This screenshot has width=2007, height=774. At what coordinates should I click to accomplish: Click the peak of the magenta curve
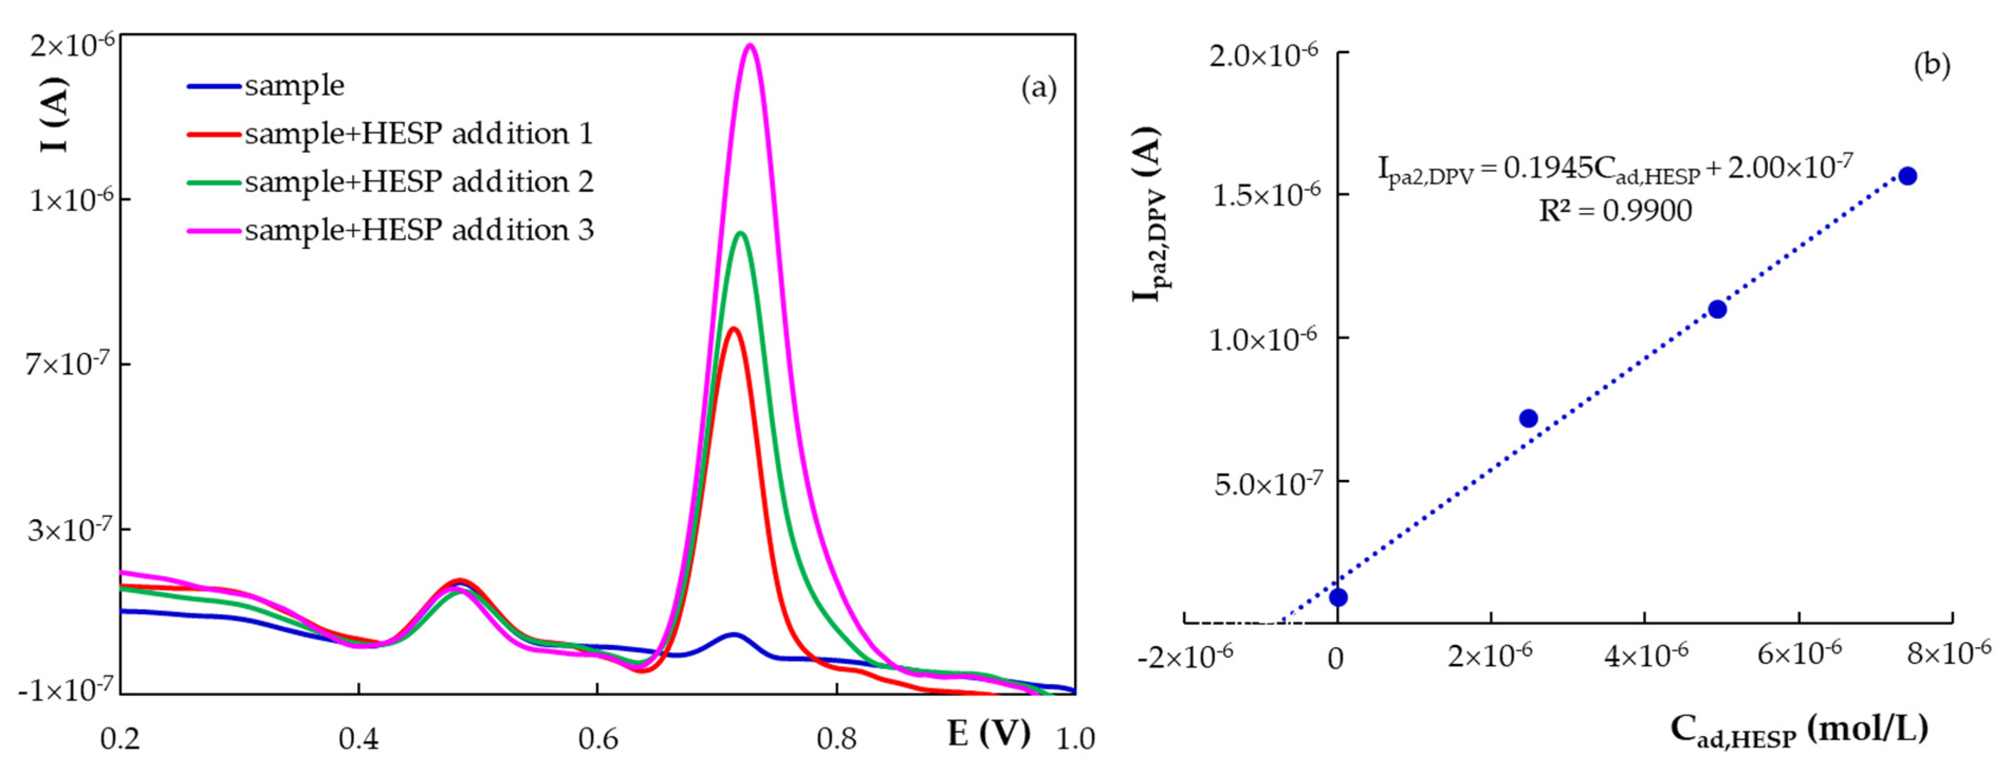tap(750, 45)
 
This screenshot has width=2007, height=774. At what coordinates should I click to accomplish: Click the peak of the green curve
tap(741, 233)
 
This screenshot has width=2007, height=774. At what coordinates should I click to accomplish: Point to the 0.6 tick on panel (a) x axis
tap(598, 737)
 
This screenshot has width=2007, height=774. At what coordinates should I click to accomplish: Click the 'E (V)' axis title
tap(988, 733)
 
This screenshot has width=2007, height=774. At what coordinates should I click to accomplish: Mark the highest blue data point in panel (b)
tap(1907, 176)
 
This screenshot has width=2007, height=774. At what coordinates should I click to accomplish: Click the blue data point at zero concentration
tap(1338, 597)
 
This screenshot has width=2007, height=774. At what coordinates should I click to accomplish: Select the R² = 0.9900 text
tap(1615, 211)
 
